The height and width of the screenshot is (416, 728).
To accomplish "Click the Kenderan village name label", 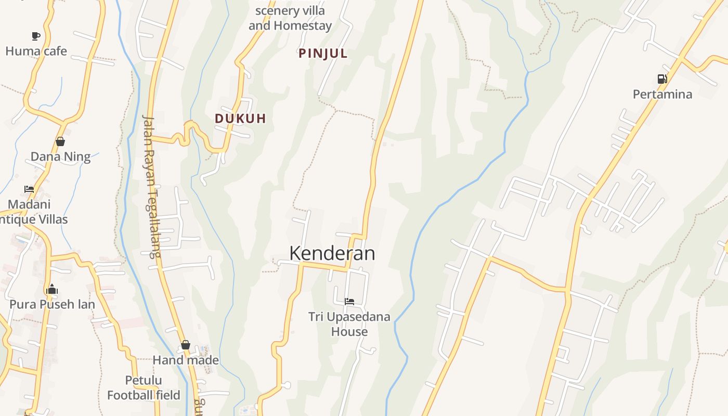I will pos(332,253).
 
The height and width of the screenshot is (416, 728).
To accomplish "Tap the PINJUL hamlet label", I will pos(323,54).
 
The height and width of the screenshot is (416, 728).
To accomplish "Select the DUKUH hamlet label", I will pos(240,119).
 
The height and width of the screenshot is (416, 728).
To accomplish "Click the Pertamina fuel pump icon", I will pos(662,79).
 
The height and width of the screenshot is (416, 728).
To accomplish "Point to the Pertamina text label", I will pos(662,94).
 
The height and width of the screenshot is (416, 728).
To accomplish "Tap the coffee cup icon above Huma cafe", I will pos(35,36).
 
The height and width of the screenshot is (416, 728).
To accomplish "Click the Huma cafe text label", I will pos(36,51).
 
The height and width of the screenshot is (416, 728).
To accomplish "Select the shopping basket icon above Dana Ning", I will pos(60,141).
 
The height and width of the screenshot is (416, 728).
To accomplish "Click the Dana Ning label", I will pos(60,157).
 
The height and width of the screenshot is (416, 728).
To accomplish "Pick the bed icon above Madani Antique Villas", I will pos(29,189).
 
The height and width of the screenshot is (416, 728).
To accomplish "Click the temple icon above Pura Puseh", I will pos(51,290).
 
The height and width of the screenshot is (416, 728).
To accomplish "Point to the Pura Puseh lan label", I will pos(52,304).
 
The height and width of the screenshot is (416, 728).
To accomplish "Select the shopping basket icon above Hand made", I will pos(186,345).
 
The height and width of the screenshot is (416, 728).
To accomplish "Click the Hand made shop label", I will pos(186,360).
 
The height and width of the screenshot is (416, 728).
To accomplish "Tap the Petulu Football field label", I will pos(144,388).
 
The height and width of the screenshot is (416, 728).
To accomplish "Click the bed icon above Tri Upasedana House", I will pos(349,301).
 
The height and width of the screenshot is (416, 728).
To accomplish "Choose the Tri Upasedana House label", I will pos(349,324).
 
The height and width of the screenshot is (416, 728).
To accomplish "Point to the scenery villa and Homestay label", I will pos(290,18).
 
